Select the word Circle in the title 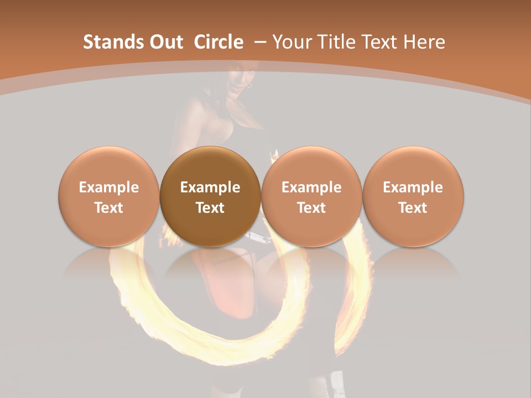pos(218,42)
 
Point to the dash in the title pos(260,42)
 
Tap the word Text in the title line pos(385,42)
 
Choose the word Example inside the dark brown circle pos(210,187)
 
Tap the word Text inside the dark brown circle pos(210,208)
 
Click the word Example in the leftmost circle pos(109,187)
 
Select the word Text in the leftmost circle pos(109,208)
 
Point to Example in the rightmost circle pos(413,187)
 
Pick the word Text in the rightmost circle pos(413,208)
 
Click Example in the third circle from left pos(311,187)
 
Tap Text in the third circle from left pos(311,208)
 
